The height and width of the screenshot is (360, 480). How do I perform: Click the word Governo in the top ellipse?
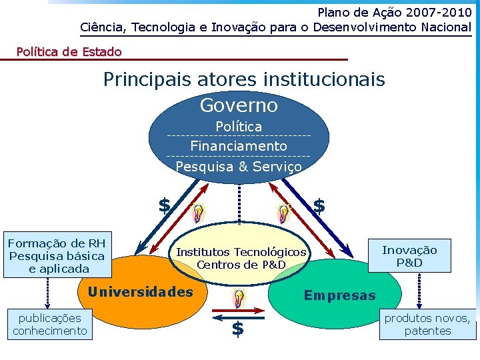click(239, 105)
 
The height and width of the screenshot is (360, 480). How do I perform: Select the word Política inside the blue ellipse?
click(239, 127)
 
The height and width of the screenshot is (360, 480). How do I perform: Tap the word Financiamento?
click(239, 146)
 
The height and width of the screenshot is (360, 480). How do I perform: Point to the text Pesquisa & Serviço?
click(239, 167)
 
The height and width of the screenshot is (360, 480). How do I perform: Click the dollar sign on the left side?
click(164, 205)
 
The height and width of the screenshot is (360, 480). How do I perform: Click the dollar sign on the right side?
click(319, 206)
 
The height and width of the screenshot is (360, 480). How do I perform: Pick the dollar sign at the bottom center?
click(237, 329)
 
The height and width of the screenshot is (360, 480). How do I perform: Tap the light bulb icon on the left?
click(198, 213)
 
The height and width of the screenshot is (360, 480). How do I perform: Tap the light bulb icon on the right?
click(284, 213)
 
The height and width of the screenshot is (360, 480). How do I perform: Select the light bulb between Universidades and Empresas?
click(238, 299)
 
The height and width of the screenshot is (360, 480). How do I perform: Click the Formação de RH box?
click(57, 256)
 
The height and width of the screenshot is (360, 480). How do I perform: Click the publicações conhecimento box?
click(50, 325)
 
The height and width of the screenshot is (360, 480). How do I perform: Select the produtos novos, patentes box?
click(427, 325)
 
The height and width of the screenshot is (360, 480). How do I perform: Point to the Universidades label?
click(140, 292)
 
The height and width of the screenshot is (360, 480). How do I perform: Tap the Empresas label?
click(340, 295)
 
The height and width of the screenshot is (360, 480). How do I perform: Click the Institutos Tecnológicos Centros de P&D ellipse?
click(241, 258)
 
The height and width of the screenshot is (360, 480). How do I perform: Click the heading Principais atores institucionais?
click(244, 80)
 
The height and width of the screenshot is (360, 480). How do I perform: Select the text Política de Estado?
click(69, 51)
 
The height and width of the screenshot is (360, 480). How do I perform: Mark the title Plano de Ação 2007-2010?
click(394, 12)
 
